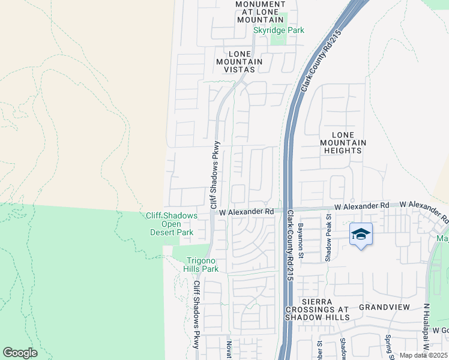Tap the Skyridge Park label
pos(279,30)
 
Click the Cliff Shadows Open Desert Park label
pos(171,224)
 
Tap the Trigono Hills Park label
pos(202,265)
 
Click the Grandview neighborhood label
pos(384,307)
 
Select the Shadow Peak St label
pos(328,239)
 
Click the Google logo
pos(20,353)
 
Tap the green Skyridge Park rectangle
pos(278,38)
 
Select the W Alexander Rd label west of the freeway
pos(246,212)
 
